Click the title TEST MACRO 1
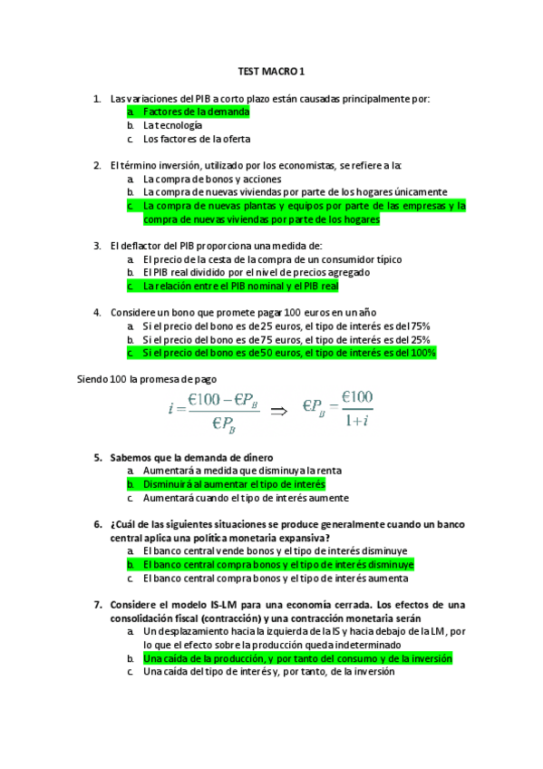pyautogui.click(x=272, y=70)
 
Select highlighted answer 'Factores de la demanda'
pyautogui.click(x=196, y=112)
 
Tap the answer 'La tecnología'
pyautogui.click(x=172, y=125)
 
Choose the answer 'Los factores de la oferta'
pyautogui.click(x=197, y=140)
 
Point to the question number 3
pyautogui.click(x=97, y=245)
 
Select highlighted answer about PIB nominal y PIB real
pyautogui.click(x=240, y=286)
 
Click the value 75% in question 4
pyautogui.click(x=418, y=326)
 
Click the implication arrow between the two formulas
pyautogui.click(x=279, y=410)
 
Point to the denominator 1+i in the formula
pyautogui.click(x=357, y=420)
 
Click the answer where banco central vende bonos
pyautogui.click(x=275, y=550)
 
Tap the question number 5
pyautogui.click(x=97, y=457)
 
